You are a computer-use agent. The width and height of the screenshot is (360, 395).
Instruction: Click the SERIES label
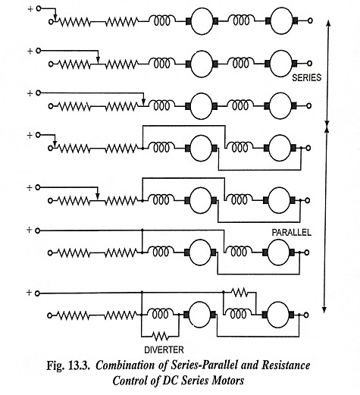pyautogui.click(x=306, y=77)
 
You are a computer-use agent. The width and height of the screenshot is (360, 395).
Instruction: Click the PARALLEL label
pyautogui.click(x=291, y=233)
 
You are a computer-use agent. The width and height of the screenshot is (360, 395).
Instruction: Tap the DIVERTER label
pyautogui.click(x=164, y=350)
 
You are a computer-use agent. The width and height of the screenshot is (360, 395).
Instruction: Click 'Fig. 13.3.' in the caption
pyautogui.click(x=68, y=365)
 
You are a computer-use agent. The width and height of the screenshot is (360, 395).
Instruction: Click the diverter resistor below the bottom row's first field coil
pyautogui.click(x=160, y=336)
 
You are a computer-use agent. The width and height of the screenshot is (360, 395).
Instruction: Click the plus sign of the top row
pyautogui.click(x=30, y=9)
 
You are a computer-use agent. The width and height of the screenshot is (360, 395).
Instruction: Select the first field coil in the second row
pyautogui.click(x=161, y=63)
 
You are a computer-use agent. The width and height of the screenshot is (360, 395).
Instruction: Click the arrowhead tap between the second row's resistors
pyautogui.click(x=99, y=60)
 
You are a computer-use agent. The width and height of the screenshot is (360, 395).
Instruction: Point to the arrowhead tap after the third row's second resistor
pyautogui.click(x=143, y=102)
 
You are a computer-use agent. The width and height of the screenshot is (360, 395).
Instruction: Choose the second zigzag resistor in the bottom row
pyautogui.click(x=121, y=315)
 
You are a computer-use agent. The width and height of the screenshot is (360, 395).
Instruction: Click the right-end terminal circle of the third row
pyautogui.click(x=309, y=105)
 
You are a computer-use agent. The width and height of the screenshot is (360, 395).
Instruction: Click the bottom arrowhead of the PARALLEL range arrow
pyautogui.click(x=324, y=310)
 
